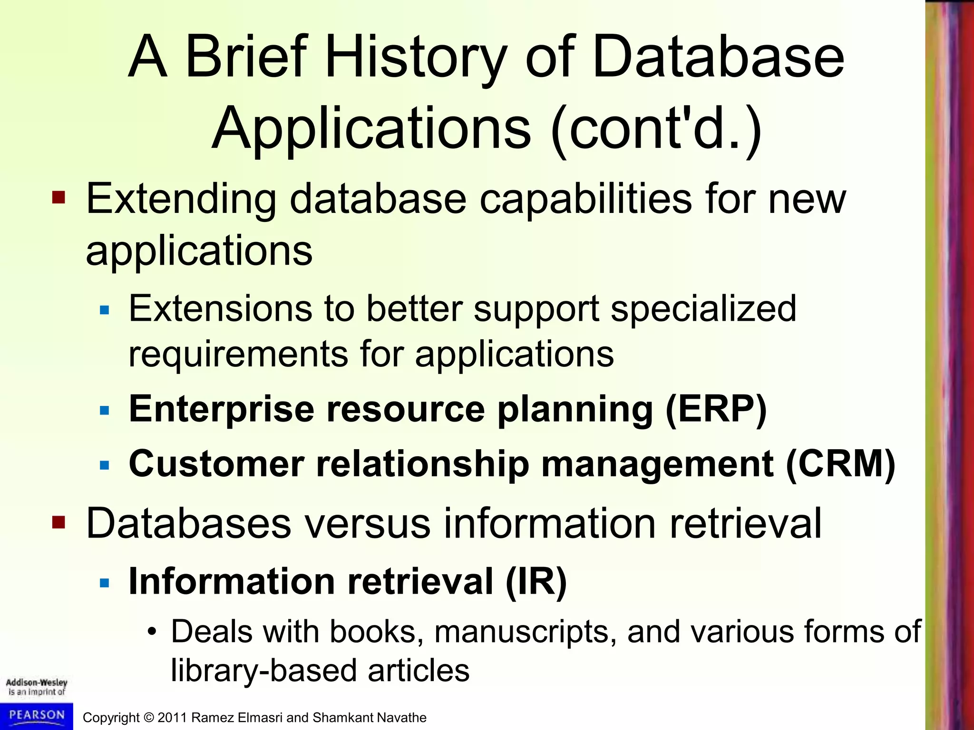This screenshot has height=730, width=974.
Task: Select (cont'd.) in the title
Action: click(x=656, y=129)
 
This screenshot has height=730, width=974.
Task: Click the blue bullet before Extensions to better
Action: click(x=105, y=311)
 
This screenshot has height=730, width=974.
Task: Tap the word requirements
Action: click(x=238, y=354)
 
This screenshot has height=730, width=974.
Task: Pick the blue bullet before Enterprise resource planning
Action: click(x=105, y=410)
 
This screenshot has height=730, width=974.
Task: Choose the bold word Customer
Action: click(x=216, y=464)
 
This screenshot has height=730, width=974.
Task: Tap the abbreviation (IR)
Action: click(x=536, y=581)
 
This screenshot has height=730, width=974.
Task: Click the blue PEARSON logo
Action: click(x=37, y=716)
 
